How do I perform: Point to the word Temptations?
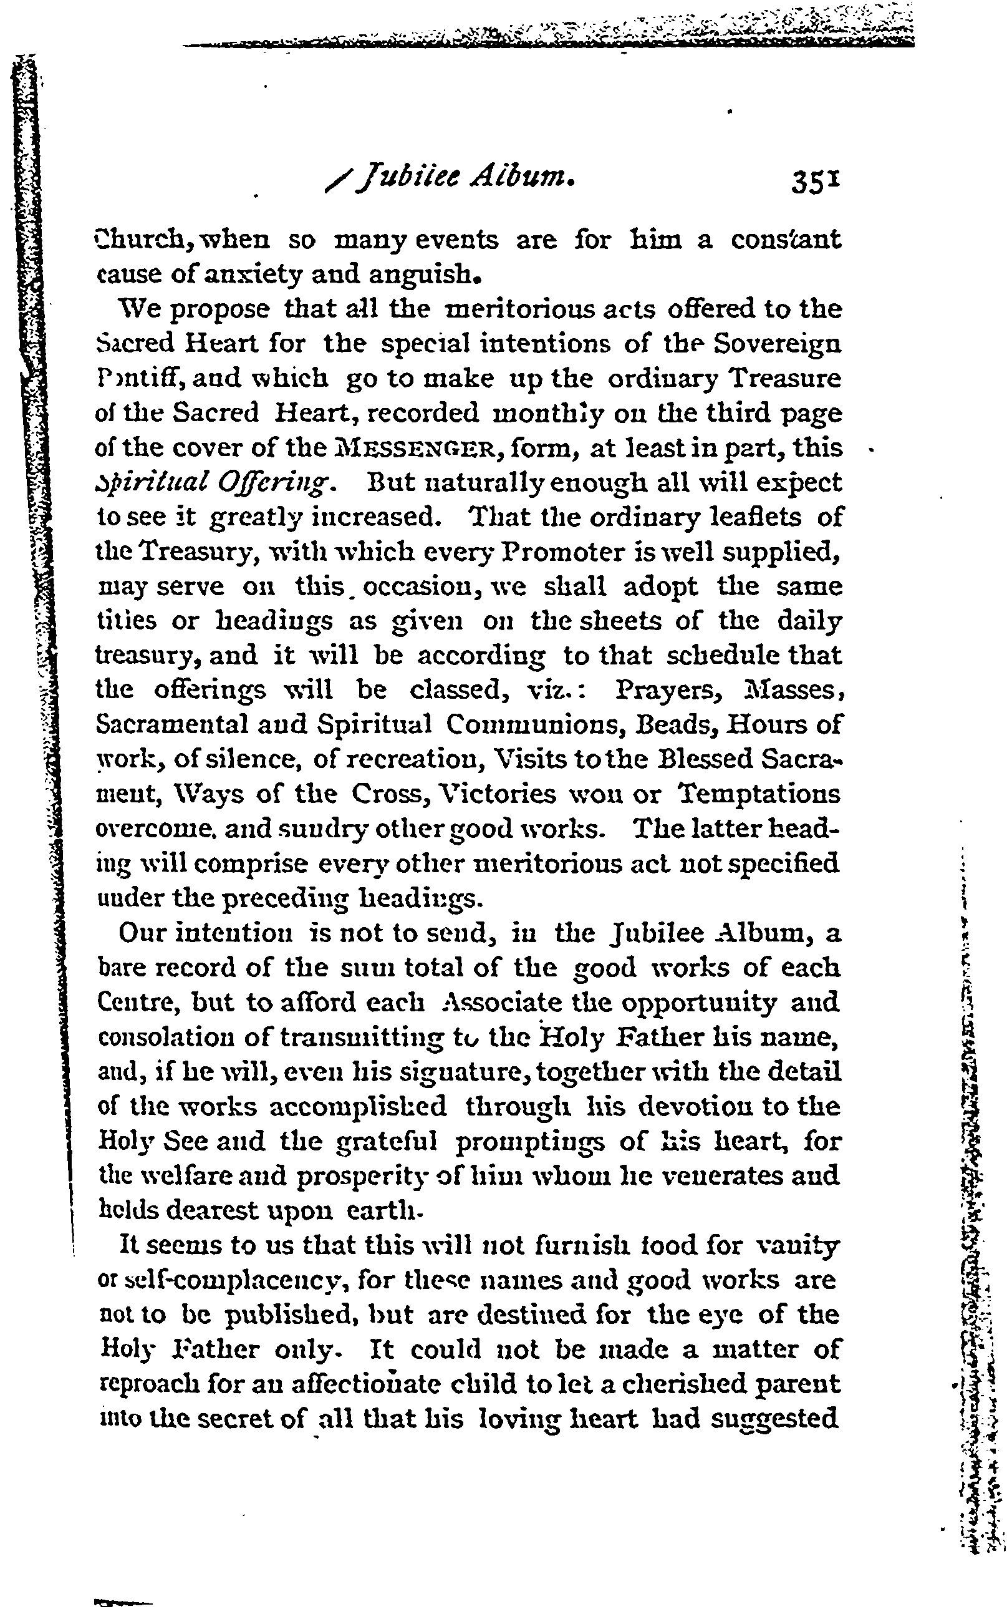759,794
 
